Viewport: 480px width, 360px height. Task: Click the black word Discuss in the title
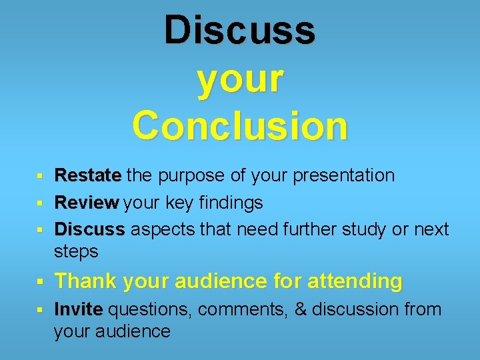[x=240, y=31]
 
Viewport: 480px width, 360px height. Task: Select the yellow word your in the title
[x=240, y=78]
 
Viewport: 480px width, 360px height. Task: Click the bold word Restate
[x=88, y=175]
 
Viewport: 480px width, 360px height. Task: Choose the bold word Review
[x=87, y=202]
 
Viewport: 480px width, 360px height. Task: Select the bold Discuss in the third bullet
[x=89, y=229]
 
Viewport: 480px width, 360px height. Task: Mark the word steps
[x=76, y=252]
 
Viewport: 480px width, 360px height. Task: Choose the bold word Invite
[x=79, y=309]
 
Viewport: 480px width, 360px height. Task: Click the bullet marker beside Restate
[x=40, y=177]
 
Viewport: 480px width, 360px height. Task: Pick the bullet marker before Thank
[x=40, y=282]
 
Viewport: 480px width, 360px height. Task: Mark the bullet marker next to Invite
[x=40, y=311]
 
